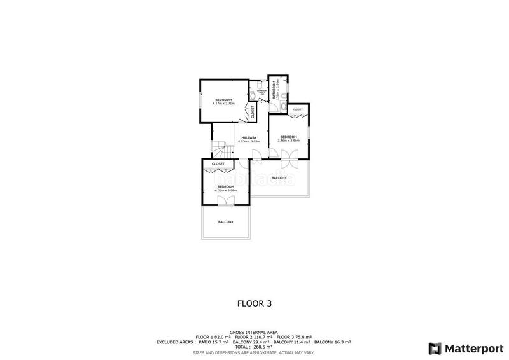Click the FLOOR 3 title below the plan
pos(254,304)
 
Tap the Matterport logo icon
pos(435,348)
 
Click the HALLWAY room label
pos(248,137)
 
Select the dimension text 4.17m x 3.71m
pos(223,103)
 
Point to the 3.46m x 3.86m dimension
pos(288,141)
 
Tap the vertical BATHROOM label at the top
pos(274,90)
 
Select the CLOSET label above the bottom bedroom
pos(218,164)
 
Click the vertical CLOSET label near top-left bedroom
pos(253,113)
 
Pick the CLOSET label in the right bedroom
pos(298,110)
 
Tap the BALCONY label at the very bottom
pos(225,222)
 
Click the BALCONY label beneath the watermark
pos(279,178)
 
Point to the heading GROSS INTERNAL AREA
pos(254,332)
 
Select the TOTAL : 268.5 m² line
pos(254,347)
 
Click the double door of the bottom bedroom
pos(225,201)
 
